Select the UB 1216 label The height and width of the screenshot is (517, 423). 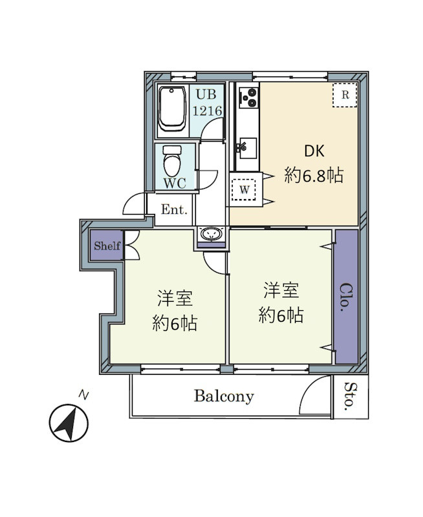208,102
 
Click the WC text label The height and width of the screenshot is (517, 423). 174,183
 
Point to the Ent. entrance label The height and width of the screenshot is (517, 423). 174,209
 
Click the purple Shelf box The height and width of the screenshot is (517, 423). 107,246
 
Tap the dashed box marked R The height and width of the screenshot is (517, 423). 345,95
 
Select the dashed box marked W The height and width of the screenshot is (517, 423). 244,190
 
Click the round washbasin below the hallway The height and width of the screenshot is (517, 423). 211,234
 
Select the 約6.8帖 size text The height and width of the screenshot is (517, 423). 314,174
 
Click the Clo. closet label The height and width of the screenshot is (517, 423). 346,298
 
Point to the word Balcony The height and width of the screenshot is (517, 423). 224,396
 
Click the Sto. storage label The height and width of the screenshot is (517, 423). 349,397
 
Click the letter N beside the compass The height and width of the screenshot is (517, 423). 83,394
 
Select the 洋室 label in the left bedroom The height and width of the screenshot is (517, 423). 175,299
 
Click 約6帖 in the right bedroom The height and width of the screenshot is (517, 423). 281,315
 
